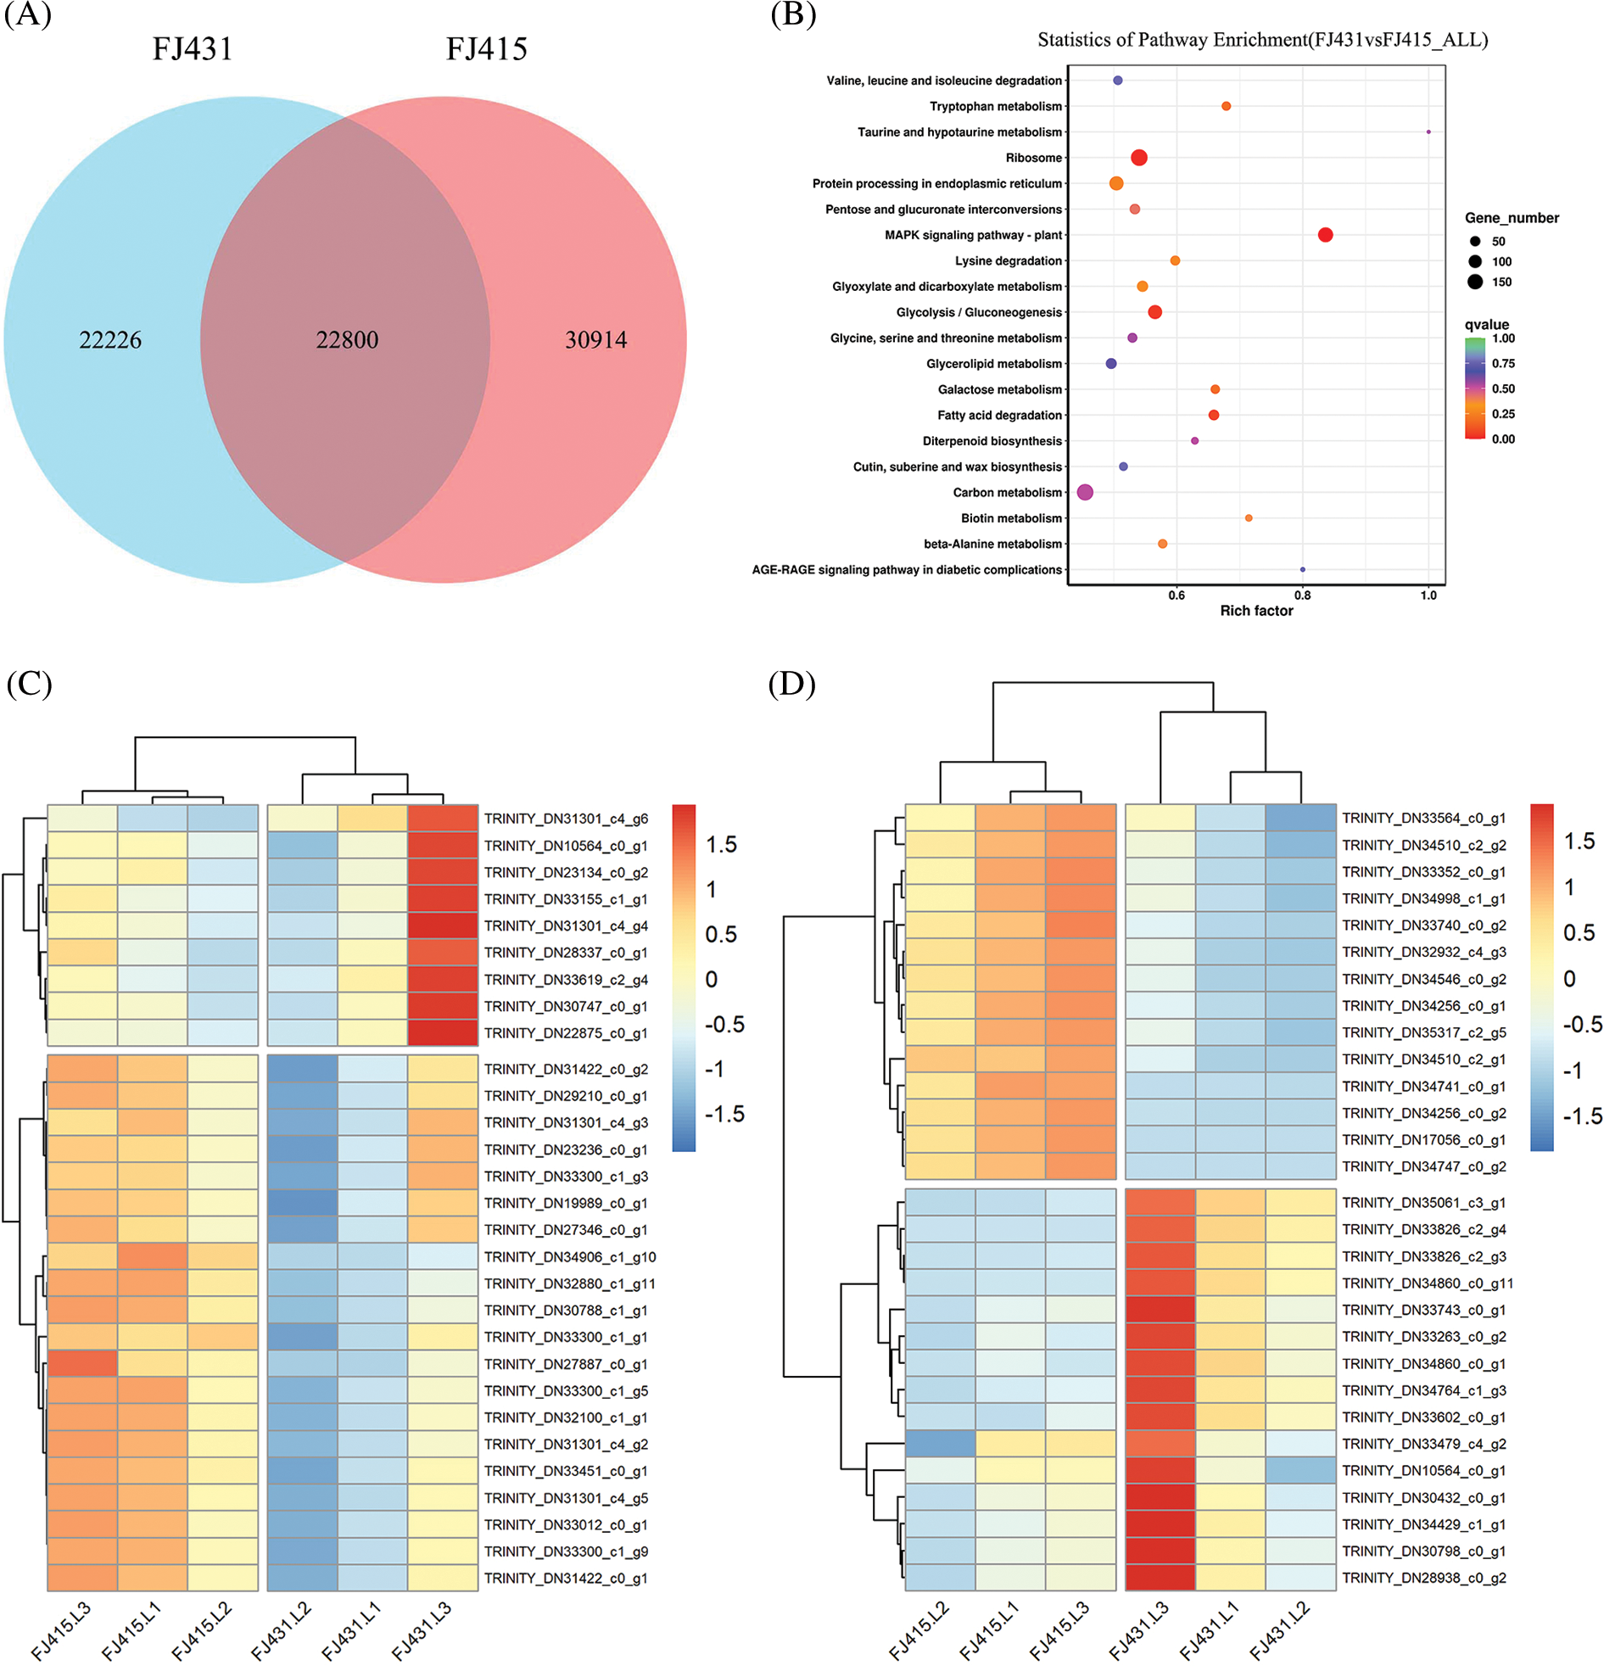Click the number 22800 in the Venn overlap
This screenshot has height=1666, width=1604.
[x=347, y=340]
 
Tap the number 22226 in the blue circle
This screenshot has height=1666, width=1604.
[x=110, y=340]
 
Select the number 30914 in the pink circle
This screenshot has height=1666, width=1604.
[x=595, y=340]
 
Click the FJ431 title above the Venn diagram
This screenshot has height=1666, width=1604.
[x=192, y=49]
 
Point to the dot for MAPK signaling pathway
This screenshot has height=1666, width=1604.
[x=1324, y=235]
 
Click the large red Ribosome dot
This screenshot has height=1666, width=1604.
[x=1139, y=157]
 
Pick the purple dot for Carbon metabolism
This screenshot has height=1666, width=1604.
[x=1085, y=492]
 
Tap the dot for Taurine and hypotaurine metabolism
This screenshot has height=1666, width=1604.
[x=1428, y=131]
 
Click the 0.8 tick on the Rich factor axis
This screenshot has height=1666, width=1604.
[x=1302, y=595]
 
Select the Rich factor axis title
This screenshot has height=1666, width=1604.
[x=1256, y=611]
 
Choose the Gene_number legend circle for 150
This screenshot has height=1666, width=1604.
[x=1475, y=282]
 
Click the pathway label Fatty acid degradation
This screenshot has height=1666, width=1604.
[x=999, y=416]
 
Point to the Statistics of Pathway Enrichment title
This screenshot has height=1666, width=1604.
[x=1262, y=40]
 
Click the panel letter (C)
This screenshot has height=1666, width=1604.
[x=29, y=685]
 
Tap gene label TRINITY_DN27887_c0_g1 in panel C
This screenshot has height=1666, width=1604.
[x=566, y=1364]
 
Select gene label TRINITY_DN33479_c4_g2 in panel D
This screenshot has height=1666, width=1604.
[x=1424, y=1444]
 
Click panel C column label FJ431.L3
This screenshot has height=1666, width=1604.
[x=422, y=1630]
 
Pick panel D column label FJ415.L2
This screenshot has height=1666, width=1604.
[x=919, y=1630]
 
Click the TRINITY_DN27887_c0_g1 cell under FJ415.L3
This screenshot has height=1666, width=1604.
[x=82, y=1363]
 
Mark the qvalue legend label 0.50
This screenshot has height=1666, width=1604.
[x=1503, y=389]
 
